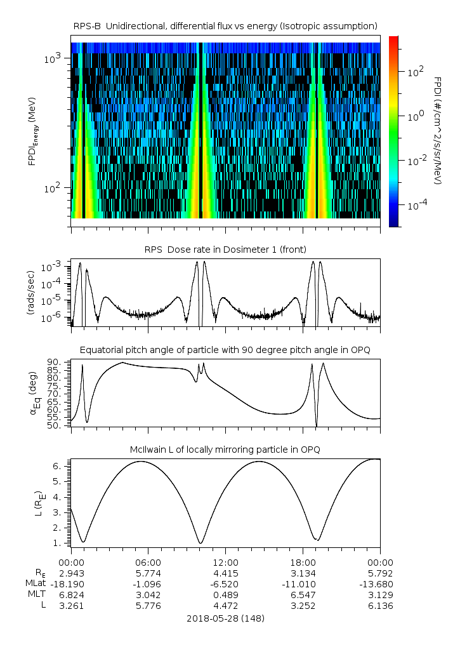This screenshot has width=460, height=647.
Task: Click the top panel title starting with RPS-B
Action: point(225,25)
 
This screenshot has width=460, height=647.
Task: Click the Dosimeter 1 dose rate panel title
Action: point(225,248)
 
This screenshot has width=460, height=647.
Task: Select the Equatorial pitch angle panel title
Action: point(225,350)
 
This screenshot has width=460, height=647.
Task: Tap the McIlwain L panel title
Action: point(225,449)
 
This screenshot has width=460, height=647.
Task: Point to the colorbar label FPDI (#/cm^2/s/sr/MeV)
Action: point(438,131)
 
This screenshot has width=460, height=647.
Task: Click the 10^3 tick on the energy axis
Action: point(53,59)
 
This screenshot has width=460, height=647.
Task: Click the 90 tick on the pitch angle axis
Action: point(54,363)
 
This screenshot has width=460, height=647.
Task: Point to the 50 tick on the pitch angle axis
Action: point(54,425)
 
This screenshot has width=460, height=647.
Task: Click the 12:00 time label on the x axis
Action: point(225,562)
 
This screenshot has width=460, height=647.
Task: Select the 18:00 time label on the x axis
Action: point(303,562)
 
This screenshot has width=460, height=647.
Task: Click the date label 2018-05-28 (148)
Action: point(225,618)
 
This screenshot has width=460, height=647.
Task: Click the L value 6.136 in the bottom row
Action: point(380,606)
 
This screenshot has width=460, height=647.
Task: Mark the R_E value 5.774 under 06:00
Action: point(148,573)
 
